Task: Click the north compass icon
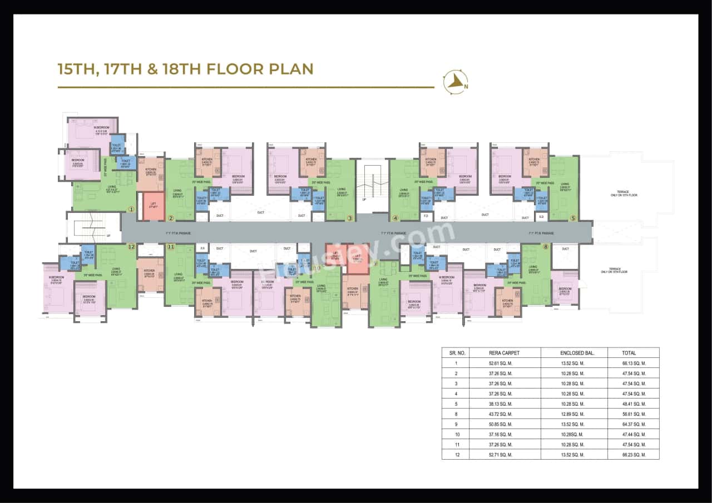(x=455, y=82)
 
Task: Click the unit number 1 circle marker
(x=131, y=210)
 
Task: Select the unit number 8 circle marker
(x=546, y=246)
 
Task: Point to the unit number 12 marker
(x=131, y=246)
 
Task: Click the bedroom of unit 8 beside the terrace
(x=565, y=290)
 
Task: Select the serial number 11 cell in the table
(x=457, y=445)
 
